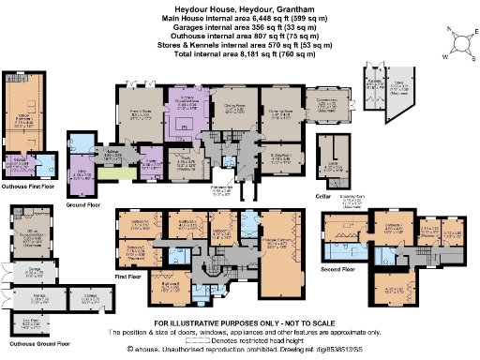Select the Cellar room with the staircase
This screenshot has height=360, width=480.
[328, 154]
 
